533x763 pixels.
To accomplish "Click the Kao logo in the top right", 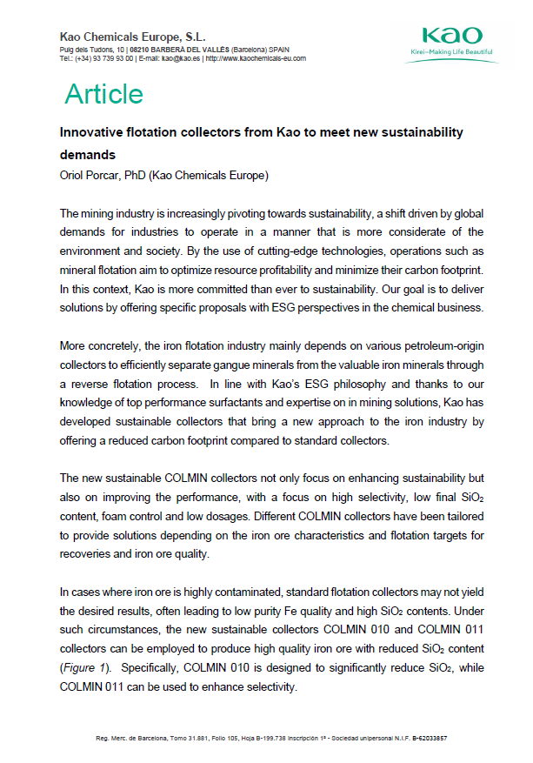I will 451,36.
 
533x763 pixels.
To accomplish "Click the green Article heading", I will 103,94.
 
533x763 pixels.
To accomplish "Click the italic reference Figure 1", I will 82,668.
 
